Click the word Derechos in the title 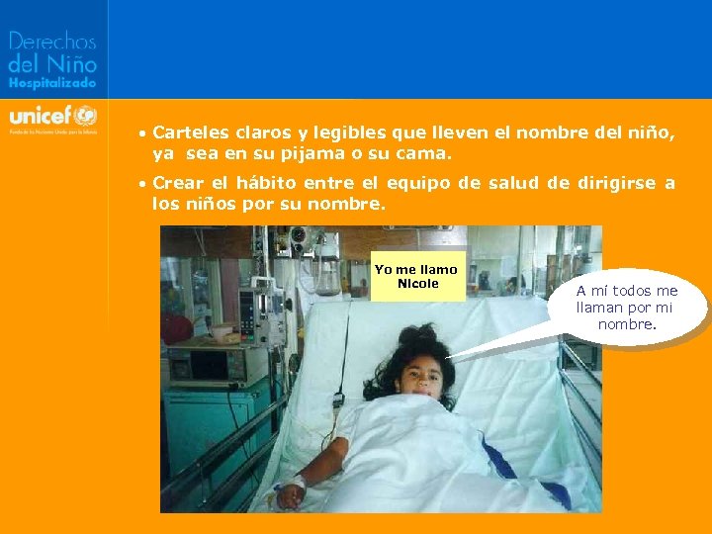(x=52, y=43)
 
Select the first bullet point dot (x=143, y=133)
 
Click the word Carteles (x=188, y=132)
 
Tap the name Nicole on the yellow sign (x=417, y=284)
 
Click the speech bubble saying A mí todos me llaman (x=626, y=307)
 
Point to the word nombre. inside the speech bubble (x=626, y=323)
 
